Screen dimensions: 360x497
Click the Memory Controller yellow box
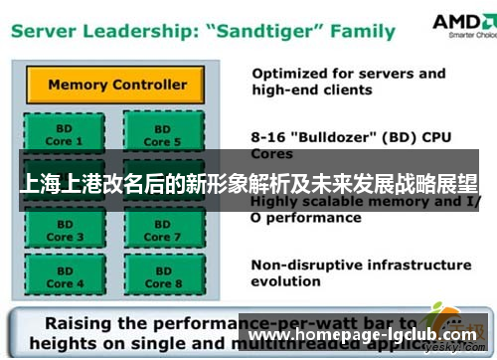[117, 84]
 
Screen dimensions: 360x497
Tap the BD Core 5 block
[163, 134]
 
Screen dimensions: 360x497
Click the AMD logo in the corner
[459, 23]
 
